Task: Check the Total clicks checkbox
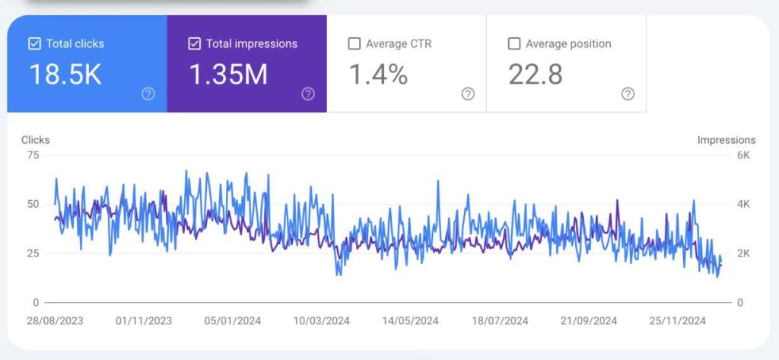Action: [34, 44]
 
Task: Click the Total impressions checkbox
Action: [194, 44]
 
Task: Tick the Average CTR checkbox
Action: [354, 44]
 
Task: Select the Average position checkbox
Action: [514, 44]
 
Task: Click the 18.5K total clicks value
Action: [65, 75]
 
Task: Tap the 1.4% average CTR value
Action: [378, 75]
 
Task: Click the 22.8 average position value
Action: [534, 75]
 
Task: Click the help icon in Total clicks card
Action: [148, 94]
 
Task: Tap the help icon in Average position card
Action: [628, 94]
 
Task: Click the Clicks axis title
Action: [36, 140]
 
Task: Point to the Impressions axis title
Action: [727, 140]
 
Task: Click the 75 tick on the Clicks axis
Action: [32, 155]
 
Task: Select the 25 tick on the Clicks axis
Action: [32, 253]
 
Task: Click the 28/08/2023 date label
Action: [54, 320]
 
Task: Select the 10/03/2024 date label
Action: [322, 320]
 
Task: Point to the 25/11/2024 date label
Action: [678, 320]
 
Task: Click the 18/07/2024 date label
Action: [499, 320]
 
